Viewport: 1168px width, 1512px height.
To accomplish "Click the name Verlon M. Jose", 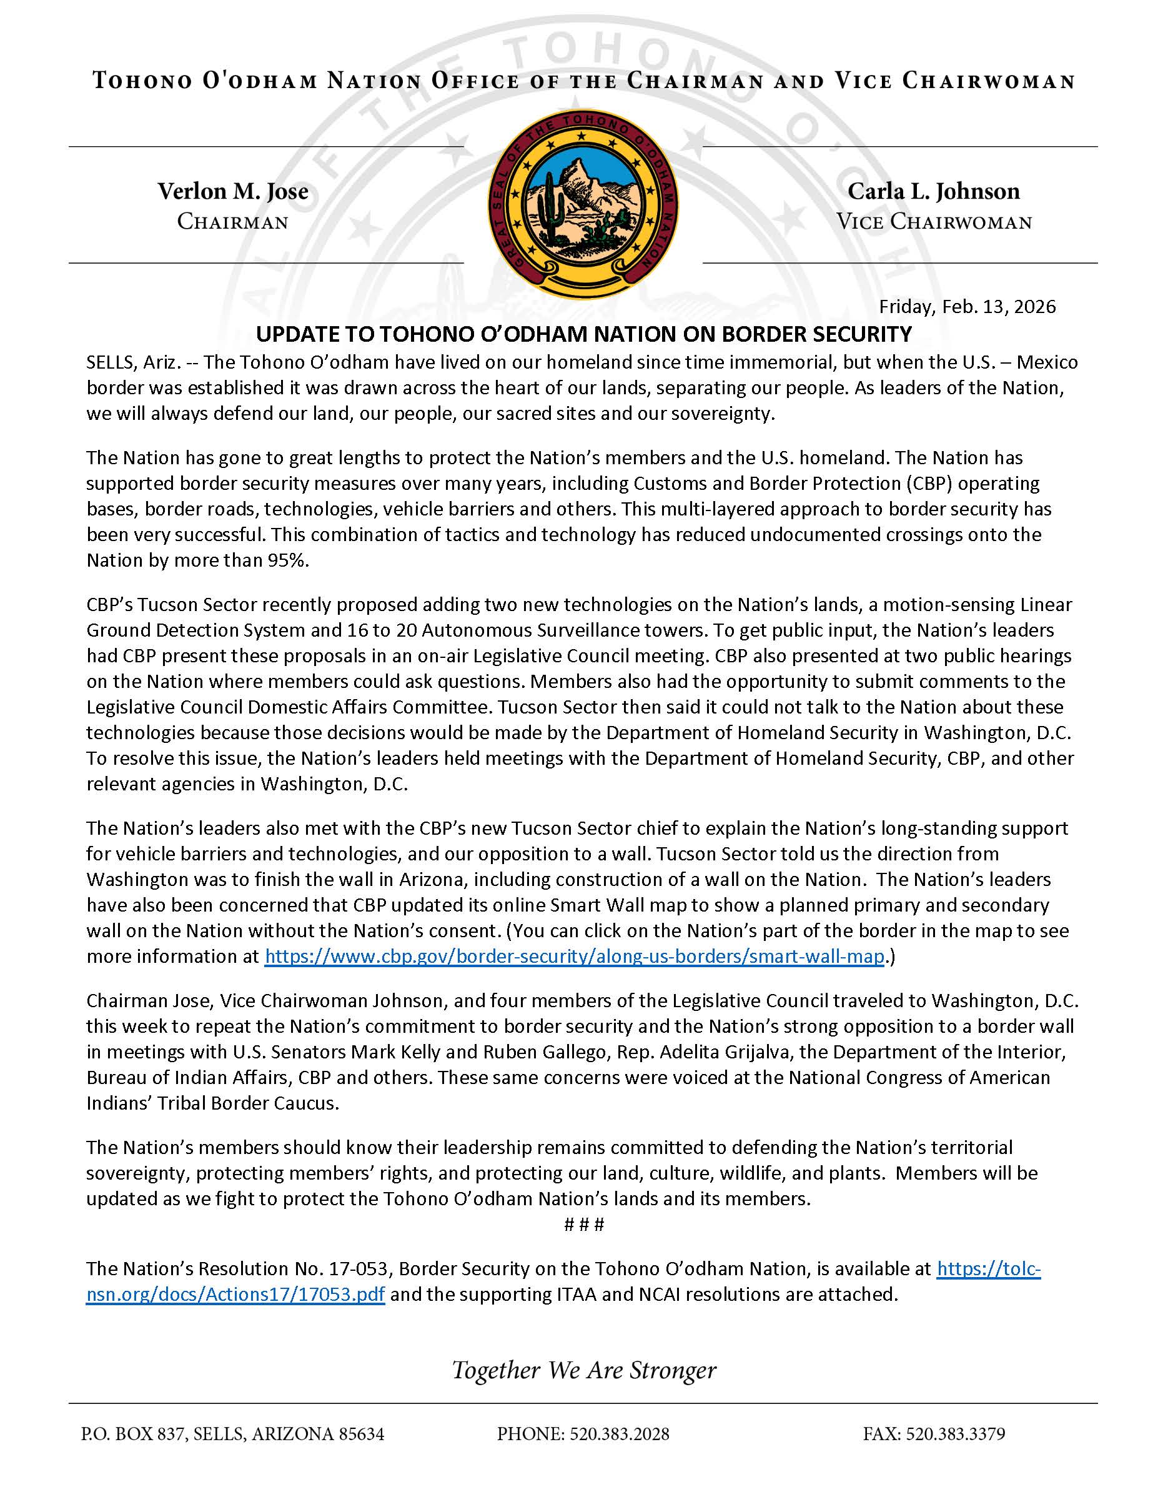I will tap(232, 191).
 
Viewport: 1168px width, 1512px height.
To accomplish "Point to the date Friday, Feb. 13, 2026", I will tap(967, 307).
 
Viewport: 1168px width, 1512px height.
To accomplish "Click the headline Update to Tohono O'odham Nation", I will tap(583, 334).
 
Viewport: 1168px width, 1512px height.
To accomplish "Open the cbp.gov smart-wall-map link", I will tap(574, 956).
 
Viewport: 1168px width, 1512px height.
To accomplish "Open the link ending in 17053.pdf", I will tap(235, 1294).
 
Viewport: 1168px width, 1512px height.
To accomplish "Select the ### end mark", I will tap(584, 1225).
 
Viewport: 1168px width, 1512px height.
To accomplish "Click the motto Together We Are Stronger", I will tap(583, 1370).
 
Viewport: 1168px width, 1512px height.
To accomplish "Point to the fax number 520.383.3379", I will tap(956, 1434).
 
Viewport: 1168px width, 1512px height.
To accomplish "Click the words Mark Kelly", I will tap(395, 1052).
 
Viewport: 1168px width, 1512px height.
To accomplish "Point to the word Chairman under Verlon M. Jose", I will tap(232, 222).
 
